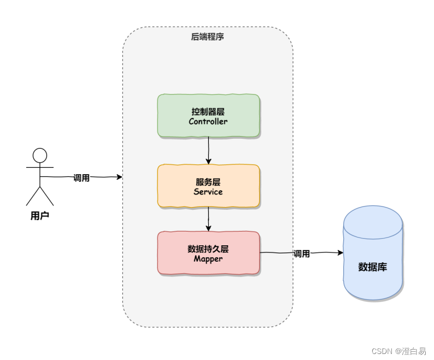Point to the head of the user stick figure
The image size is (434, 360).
pyautogui.click(x=40, y=156)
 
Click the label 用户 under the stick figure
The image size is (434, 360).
pyautogui.click(x=40, y=216)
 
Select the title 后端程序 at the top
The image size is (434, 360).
pyautogui.click(x=207, y=37)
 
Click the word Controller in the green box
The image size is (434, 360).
pyautogui.click(x=208, y=121)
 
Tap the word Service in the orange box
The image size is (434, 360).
pyautogui.click(x=208, y=192)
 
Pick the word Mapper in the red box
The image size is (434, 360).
pyautogui.click(x=208, y=258)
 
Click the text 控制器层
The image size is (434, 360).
pyautogui.click(x=208, y=111)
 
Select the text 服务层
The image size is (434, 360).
pyautogui.click(x=208, y=182)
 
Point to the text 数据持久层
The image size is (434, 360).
pyautogui.click(x=208, y=249)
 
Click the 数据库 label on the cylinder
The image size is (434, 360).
pyautogui.click(x=373, y=267)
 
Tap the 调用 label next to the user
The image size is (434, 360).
pyautogui.click(x=81, y=178)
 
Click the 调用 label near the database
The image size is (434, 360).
pyautogui.click(x=302, y=254)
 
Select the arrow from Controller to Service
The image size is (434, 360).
pyautogui.click(x=208, y=150)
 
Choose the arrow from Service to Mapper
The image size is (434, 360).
pyautogui.click(x=208, y=219)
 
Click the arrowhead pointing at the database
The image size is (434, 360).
pyautogui.click(x=340, y=253)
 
